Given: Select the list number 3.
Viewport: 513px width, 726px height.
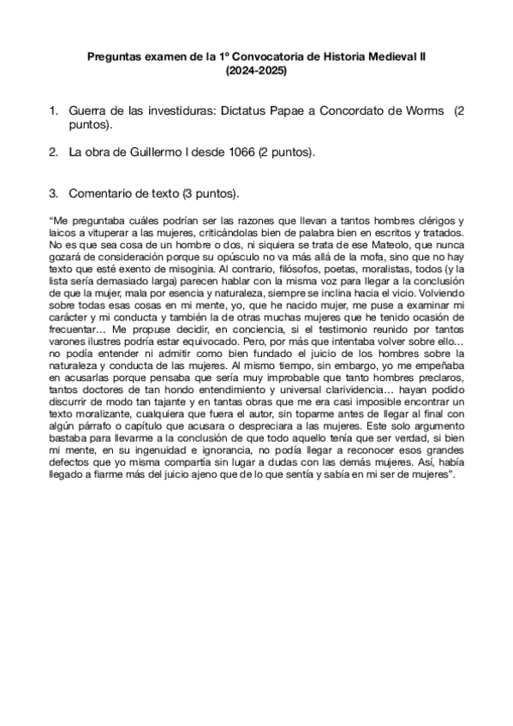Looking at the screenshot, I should [x=53, y=193].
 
